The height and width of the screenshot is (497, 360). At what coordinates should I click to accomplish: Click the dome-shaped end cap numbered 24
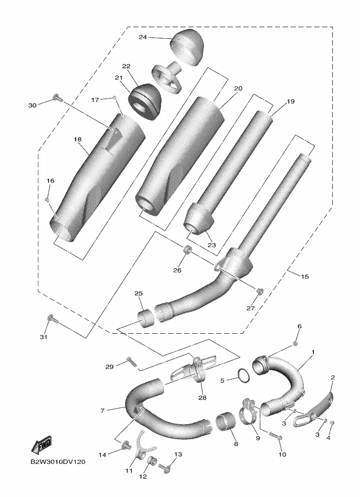click(187, 47)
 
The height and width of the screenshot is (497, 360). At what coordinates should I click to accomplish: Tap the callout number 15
click(305, 277)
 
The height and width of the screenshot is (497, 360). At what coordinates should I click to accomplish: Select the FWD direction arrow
click(41, 444)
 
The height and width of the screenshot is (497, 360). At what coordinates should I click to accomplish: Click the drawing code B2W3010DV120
click(58, 462)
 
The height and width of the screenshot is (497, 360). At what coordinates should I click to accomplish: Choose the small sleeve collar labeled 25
click(145, 318)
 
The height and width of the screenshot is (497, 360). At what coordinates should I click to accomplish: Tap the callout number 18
click(77, 139)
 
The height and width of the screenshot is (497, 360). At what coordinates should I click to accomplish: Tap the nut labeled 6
click(295, 344)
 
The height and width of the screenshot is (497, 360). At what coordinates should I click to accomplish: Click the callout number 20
click(238, 88)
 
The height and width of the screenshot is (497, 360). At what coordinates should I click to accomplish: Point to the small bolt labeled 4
click(332, 423)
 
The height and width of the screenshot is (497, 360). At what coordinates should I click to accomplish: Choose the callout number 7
click(102, 411)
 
